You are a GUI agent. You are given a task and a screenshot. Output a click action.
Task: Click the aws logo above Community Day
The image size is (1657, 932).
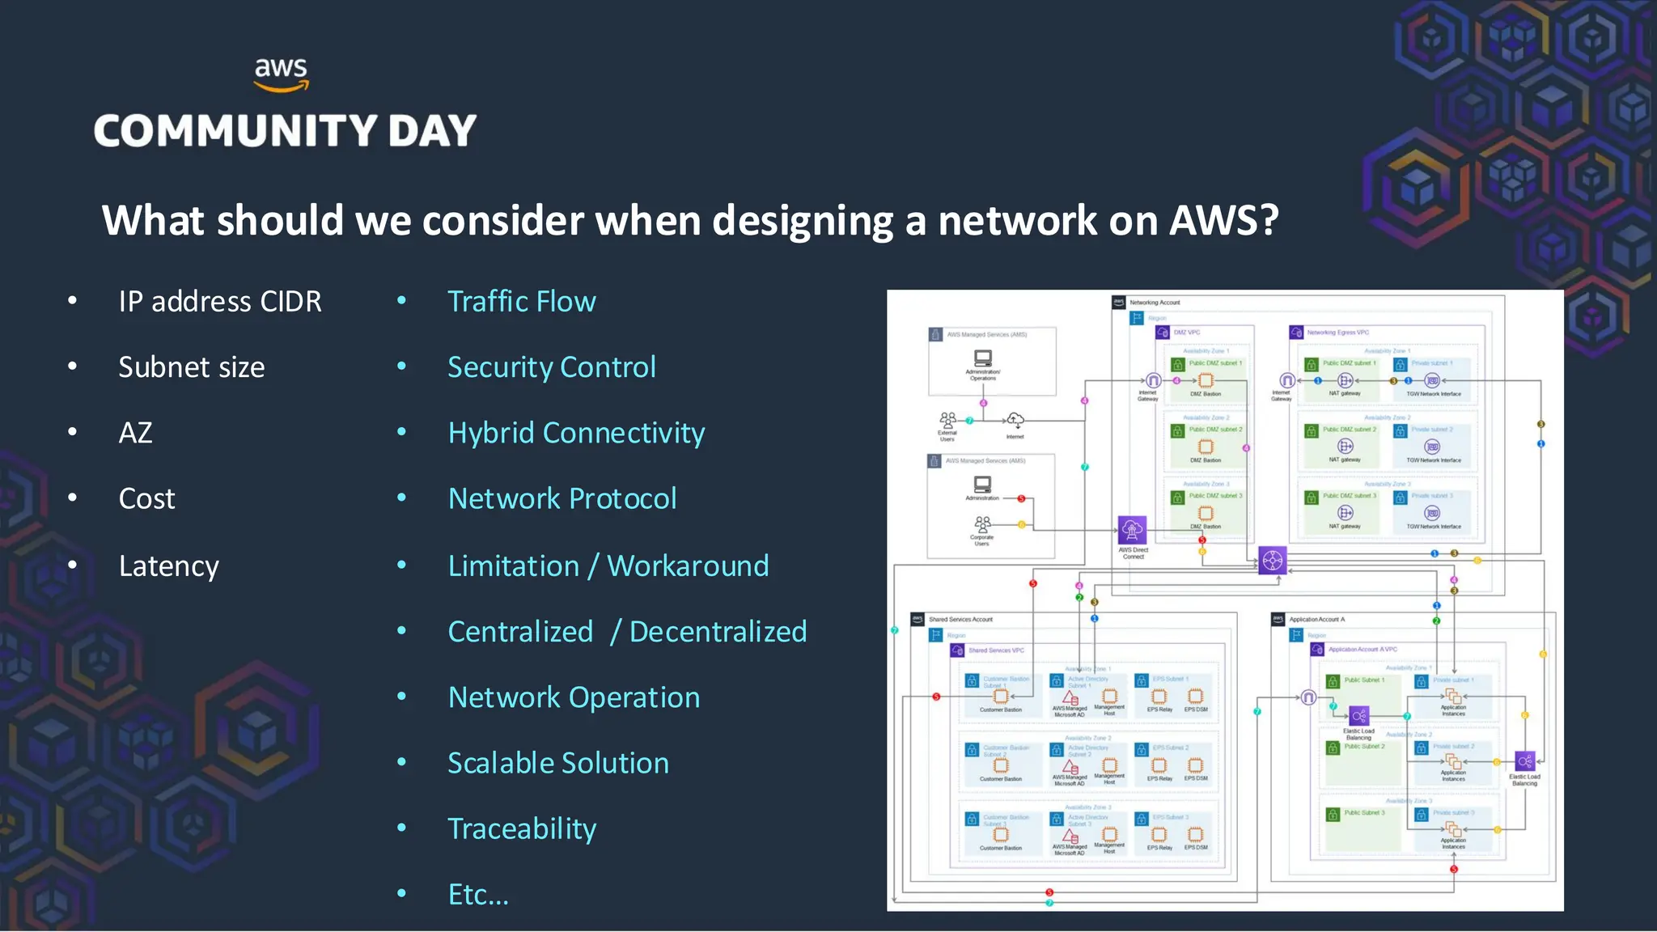(x=281, y=74)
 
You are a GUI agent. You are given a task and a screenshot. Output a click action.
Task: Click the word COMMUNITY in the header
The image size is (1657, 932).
(x=235, y=131)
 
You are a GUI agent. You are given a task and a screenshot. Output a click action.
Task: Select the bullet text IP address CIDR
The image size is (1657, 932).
(x=219, y=302)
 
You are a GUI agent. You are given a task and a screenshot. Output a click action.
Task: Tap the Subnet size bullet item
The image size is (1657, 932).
(x=191, y=367)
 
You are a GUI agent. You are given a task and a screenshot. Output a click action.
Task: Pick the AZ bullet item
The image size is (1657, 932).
(x=135, y=433)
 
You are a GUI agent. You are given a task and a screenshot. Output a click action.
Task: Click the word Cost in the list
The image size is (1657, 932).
(x=146, y=498)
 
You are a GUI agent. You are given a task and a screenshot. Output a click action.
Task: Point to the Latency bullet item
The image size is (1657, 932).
(x=168, y=566)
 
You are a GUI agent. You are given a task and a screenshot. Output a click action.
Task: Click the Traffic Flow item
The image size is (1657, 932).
(x=521, y=302)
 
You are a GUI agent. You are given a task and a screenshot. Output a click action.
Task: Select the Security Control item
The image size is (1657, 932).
(x=551, y=367)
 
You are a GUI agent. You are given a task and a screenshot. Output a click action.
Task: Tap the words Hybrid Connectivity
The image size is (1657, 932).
(x=576, y=433)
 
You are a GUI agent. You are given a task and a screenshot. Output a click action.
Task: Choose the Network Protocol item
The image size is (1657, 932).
(x=562, y=498)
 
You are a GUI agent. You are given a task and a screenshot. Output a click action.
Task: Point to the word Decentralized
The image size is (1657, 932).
(x=718, y=632)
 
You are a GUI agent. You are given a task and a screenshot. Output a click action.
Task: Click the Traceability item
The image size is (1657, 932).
(x=522, y=828)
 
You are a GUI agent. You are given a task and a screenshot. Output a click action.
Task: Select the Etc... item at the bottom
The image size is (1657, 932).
(x=478, y=894)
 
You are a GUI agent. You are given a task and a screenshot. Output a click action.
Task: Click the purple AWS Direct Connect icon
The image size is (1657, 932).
(x=1132, y=531)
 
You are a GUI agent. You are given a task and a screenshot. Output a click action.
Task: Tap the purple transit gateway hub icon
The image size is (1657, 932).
(x=1272, y=560)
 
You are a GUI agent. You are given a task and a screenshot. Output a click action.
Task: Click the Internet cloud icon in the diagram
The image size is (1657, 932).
(x=1015, y=420)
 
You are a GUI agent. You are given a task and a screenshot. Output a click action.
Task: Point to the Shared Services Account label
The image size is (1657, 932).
(x=960, y=619)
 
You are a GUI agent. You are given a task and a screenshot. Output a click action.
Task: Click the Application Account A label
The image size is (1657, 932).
(x=1316, y=619)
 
